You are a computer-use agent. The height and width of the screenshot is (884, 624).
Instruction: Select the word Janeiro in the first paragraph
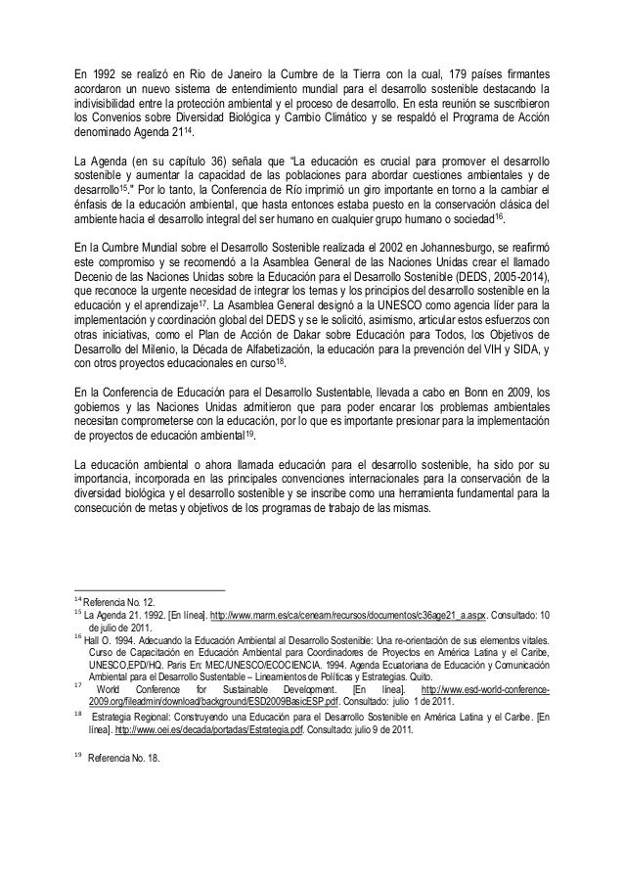(x=229, y=75)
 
